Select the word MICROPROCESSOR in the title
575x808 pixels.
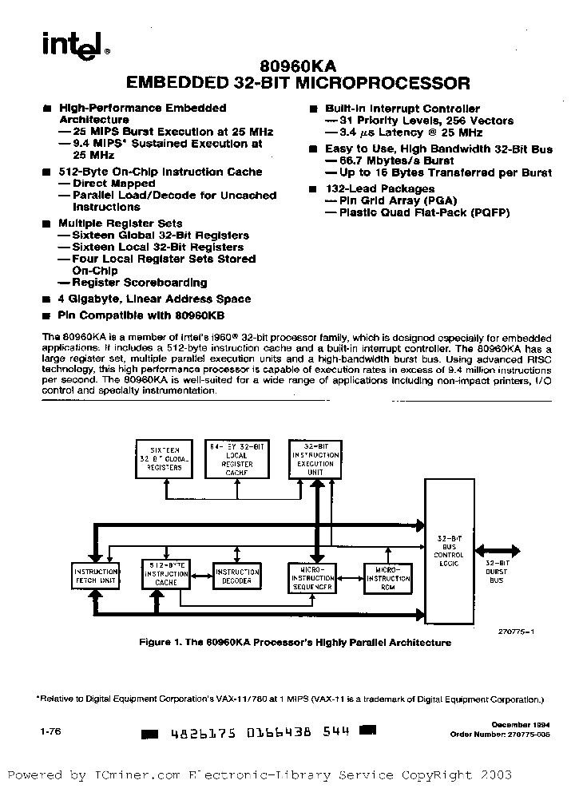pos(387,82)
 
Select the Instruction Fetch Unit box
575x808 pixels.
pos(96,576)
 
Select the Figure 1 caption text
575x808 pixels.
pos(295,643)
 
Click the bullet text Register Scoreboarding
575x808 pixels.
pos(138,283)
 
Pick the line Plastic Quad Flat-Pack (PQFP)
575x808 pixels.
pos(422,213)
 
